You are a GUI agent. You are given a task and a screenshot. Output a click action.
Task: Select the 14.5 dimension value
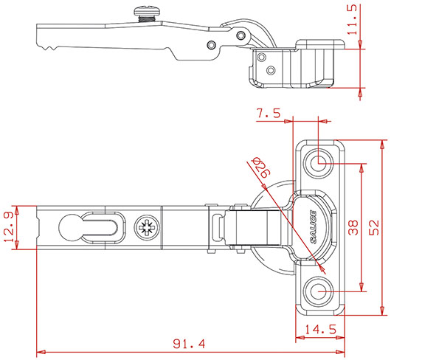[322, 330]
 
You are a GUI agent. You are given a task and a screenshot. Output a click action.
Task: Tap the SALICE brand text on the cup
[314, 226]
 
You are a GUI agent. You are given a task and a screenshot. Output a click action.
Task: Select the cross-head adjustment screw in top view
[145, 226]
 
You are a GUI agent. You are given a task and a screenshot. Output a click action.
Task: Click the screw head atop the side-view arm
[142, 10]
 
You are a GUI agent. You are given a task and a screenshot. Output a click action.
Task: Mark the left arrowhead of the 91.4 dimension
[39, 351]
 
